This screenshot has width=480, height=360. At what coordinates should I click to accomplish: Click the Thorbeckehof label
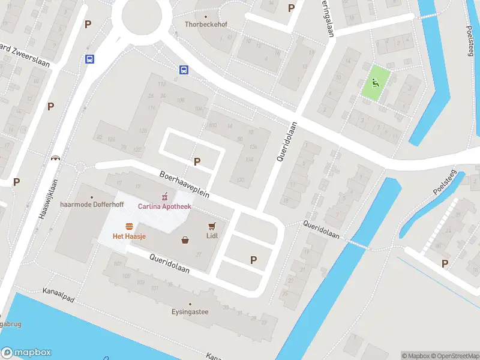coord(206,25)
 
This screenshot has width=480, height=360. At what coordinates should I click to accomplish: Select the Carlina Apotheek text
coord(164,206)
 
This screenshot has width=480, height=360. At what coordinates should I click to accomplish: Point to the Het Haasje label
coord(130,236)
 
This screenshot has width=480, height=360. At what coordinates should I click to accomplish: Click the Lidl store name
coord(211,236)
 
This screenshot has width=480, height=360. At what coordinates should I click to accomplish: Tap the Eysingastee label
coord(190,312)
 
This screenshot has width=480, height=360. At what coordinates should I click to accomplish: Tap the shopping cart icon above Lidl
coord(211,226)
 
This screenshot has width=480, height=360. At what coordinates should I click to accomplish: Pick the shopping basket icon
coord(185,240)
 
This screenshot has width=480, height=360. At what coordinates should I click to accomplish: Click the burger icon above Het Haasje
coord(129,226)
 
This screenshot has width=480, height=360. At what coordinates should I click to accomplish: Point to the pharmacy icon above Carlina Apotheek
coord(164,196)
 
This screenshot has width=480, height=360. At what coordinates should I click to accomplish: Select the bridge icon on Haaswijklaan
coord(56,158)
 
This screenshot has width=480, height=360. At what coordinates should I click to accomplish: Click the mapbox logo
coord(26,353)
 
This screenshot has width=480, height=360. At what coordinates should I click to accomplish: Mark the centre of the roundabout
coord(141,17)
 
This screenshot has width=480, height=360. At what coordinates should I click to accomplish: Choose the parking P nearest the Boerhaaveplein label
coord(197,161)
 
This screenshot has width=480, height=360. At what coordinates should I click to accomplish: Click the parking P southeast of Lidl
coord(253,260)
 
